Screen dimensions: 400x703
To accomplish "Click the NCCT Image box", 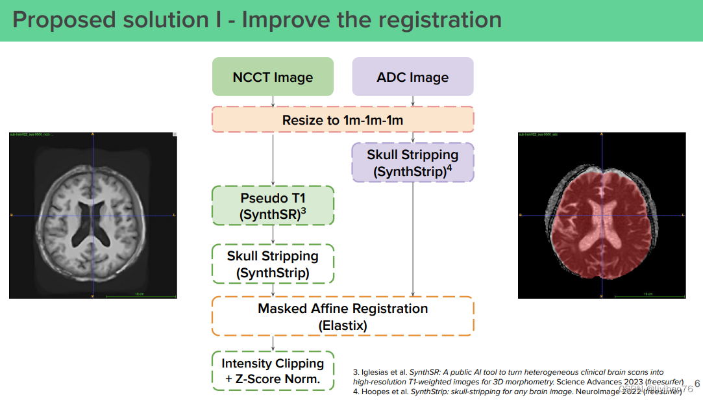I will tap(273, 77).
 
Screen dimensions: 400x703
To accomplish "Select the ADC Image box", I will tap(413, 77).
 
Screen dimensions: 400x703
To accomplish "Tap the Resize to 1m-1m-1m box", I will tap(343, 120).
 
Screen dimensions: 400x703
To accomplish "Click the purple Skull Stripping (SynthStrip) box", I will tap(413, 163).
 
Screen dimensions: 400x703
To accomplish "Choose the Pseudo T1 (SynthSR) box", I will tap(273, 206).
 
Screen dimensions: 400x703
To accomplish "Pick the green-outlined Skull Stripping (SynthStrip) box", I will tap(273, 264).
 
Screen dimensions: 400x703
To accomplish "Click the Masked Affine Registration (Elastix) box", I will tap(343, 316).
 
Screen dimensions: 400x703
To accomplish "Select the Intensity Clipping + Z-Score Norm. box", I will tap(273, 371).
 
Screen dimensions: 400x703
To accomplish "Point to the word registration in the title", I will tap(437, 19).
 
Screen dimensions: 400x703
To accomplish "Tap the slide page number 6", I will tap(697, 384).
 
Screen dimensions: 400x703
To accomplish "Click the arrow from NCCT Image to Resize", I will tap(273, 101).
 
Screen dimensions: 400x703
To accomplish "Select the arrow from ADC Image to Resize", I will tap(413, 101).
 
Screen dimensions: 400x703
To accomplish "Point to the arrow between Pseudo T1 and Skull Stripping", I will tap(273, 235).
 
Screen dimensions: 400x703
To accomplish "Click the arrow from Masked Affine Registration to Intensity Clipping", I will tap(273, 344).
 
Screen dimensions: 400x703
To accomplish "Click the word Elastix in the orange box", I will tap(343, 325).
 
